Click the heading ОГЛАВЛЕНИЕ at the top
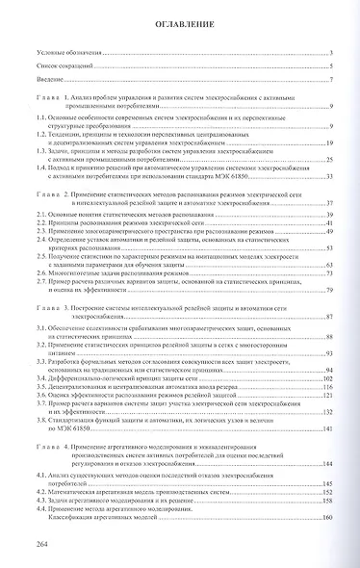[x=180, y=29]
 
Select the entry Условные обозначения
[x=59, y=54]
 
